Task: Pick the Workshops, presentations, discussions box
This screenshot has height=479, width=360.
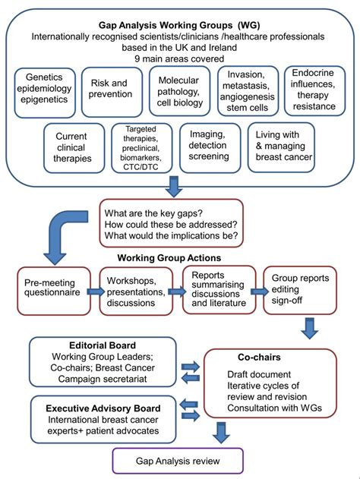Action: point(135,289)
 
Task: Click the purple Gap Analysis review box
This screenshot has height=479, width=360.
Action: point(179,460)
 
